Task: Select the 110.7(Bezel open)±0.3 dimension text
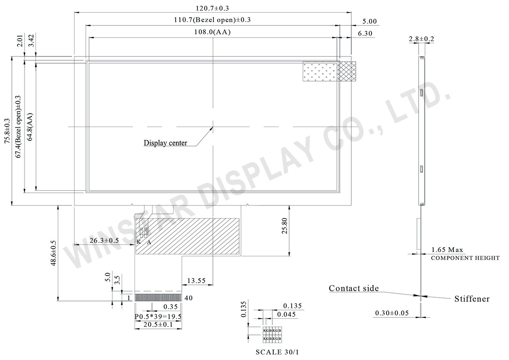212,20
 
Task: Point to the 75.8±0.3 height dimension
6,132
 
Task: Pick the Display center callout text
165,143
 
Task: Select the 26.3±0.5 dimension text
104,241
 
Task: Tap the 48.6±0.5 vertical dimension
53,253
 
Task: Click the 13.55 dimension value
196,281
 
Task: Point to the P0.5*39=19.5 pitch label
158,317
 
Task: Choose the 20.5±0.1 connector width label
158,325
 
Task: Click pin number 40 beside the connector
189,298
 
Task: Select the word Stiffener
472,299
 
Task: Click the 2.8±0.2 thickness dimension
421,39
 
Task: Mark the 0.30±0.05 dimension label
392,313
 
